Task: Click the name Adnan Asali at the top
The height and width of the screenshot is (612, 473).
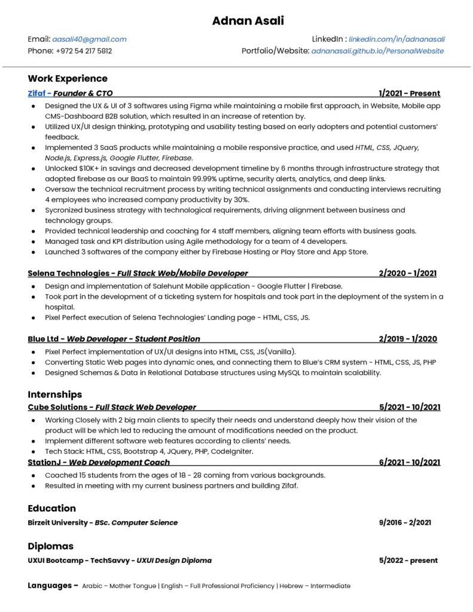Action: (248, 22)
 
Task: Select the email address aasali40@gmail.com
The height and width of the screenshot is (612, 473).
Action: (89, 39)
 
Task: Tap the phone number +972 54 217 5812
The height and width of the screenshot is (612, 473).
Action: (84, 51)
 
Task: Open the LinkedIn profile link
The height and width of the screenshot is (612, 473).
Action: (396, 39)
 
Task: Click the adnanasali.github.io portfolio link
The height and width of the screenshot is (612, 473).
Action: (377, 51)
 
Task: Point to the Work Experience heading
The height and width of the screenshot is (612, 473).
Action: (68, 78)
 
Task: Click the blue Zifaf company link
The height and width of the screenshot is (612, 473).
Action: (36, 93)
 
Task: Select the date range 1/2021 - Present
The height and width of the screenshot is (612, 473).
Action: (409, 93)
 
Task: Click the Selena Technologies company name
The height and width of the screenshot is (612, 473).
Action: (68, 273)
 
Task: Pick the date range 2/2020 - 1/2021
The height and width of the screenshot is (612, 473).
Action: (407, 273)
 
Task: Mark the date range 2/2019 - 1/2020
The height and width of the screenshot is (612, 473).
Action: (408, 339)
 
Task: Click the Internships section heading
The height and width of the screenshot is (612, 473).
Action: (54, 394)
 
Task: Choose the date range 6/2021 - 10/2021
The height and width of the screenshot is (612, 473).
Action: (410, 462)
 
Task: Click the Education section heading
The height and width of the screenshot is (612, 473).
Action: (51, 508)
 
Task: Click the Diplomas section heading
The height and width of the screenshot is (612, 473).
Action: (50, 546)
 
